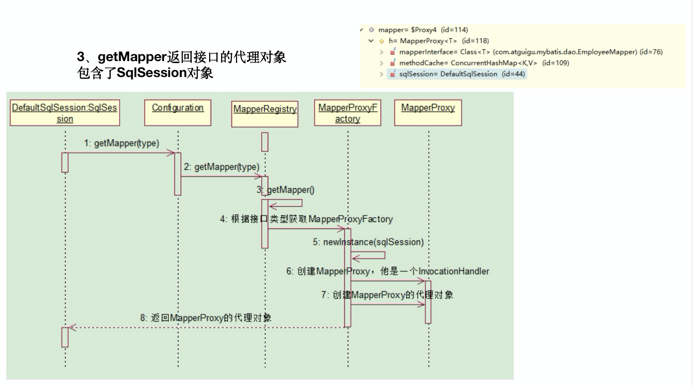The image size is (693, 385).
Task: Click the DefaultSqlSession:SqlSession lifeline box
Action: pyautogui.click(x=65, y=113)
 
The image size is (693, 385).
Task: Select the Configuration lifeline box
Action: pyautogui.click(x=177, y=113)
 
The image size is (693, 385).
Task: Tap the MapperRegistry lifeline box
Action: pyautogui.click(x=265, y=114)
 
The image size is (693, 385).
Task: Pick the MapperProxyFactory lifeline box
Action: pyautogui.click(x=348, y=113)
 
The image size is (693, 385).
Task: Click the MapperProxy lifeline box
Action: pyautogui.click(x=428, y=113)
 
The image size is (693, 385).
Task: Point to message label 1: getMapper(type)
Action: pyautogui.click(x=122, y=143)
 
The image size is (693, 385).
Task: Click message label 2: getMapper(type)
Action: pyautogui.click(x=222, y=167)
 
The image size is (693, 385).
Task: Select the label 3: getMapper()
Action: pyautogui.click(x=286, y=190)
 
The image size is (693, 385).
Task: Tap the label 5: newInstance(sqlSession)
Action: pyautogui.click(x=368, y=242)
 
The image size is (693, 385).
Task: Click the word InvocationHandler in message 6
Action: pyautogui.click(x=454, y=271)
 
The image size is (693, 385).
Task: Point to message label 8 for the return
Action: pyautogui.click(x=206, y=318)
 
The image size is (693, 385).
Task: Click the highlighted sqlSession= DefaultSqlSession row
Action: pyautogui.click(x=457, y=74)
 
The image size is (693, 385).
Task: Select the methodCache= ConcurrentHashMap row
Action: pyautogui.click(x=479, y=63)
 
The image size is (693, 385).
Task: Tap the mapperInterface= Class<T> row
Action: pyautogui.click(x=526, y=52)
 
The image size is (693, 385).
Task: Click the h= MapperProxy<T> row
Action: pyautogui.click(x=434, y=41)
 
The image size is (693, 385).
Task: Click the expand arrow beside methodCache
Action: pyautogui.click(x=382, y=63)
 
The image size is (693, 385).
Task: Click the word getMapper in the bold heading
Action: pyautogui.click(x=133, y=57)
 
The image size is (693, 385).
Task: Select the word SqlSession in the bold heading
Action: pyautogui.click(x=152, y=73)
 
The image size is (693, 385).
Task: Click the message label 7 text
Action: pyautogui.click(x=387, y=295)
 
